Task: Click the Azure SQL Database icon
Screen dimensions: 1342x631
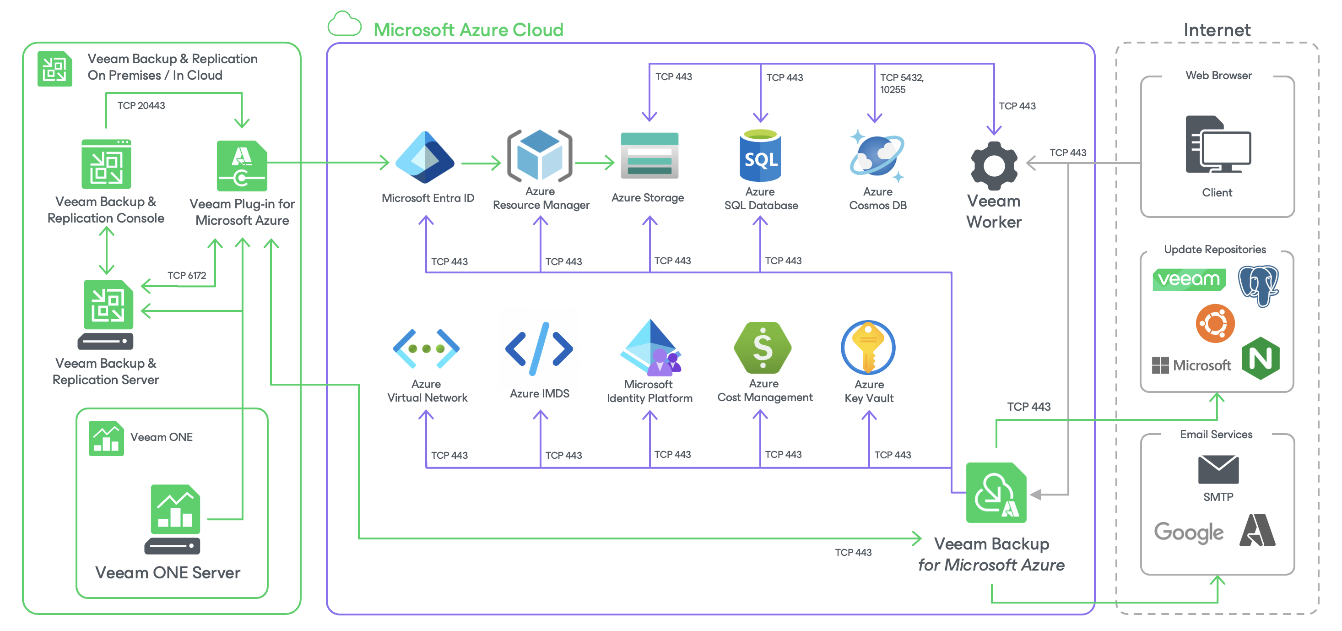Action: coord(760,155)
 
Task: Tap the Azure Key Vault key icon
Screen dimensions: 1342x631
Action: coord(868,347)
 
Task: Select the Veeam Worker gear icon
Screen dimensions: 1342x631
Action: coord(994,166)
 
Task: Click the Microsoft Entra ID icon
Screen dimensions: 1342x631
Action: coord(425,158)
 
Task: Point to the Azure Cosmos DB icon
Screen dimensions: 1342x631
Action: coord(877,156)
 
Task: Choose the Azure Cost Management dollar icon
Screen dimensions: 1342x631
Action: coord(762,347)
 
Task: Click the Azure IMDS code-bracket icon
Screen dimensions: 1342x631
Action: coord(539,348)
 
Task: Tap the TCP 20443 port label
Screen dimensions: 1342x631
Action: coord(141,105)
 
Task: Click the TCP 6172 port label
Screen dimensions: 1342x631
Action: coord(186,275)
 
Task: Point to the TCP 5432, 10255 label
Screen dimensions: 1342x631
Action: coord(902,83)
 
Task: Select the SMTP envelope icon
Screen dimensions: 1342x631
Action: coord(1218,469)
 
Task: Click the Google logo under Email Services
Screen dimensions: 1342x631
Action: coord(1188,533)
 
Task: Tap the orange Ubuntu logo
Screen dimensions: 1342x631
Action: coord(1215,323)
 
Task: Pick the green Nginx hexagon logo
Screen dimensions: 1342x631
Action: coord(1260,358)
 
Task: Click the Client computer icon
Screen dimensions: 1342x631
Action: coord(1218,144)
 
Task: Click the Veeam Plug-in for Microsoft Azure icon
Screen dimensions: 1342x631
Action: coord(242,166)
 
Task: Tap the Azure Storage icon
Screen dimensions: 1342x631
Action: coord(649,155)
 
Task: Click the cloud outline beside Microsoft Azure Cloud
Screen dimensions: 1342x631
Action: coord(344,23)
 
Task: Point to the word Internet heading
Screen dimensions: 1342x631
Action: coord(1217,30)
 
